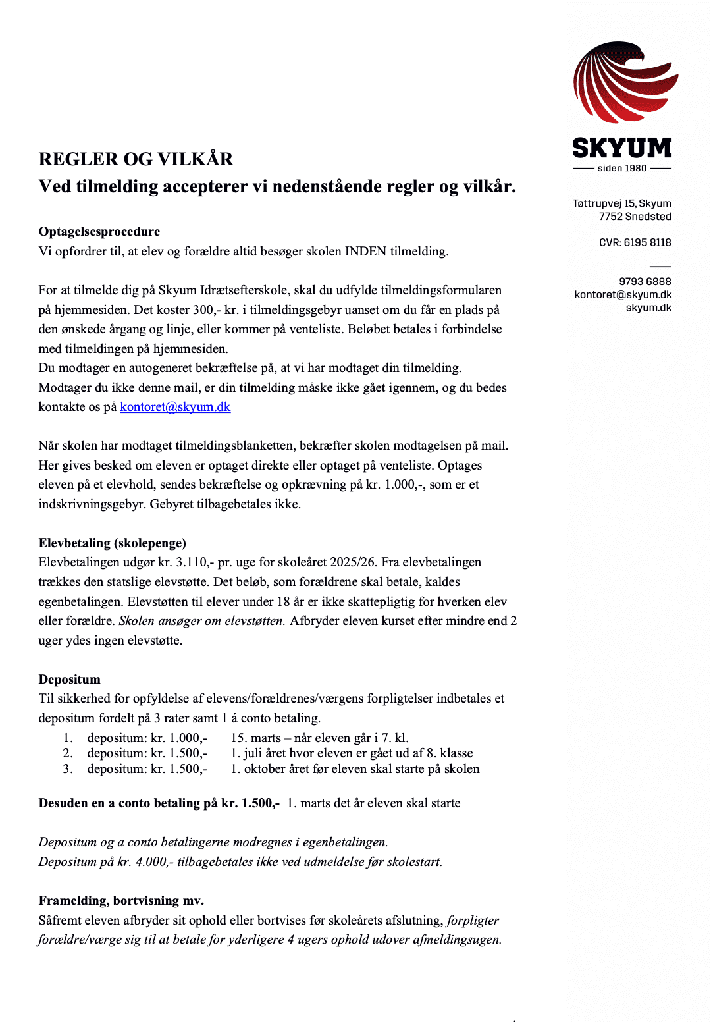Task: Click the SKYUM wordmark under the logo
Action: coord(622,148)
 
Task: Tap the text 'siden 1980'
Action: coord(622,168)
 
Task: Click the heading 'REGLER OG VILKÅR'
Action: coord(136,159)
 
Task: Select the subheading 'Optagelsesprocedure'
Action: coord(99,231)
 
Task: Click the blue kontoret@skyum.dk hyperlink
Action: coord(175,406)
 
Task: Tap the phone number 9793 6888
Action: coord(645,281)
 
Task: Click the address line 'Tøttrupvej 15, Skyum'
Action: coord(621,203)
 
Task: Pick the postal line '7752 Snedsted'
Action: coord(635,216)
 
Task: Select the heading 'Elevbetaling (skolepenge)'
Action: coord(113,543)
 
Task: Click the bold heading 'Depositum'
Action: coord(70,679)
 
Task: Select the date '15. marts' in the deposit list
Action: coord(255,738)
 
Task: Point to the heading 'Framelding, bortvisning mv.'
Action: coord(122,900)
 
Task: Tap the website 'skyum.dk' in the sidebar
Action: coord(648,308)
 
